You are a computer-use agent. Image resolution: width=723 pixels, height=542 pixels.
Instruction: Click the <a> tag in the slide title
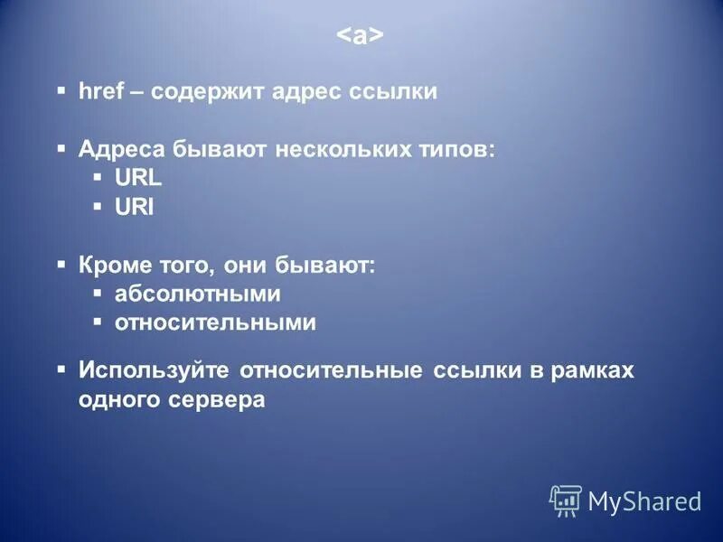click(361, 36)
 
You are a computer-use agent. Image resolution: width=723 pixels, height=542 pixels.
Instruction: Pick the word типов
click(460, 149)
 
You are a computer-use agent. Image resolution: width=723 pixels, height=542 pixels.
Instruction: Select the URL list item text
click(137, 179)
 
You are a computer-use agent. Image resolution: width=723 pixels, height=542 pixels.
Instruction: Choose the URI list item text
click(135, 208)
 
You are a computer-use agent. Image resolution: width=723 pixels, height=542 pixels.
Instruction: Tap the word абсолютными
click(198, 294)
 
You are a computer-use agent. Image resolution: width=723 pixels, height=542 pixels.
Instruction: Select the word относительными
click(215, 323)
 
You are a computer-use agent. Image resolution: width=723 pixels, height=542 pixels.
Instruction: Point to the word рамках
click(592, 370)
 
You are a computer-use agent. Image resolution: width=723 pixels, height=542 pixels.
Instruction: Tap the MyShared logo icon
click(566, 500)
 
